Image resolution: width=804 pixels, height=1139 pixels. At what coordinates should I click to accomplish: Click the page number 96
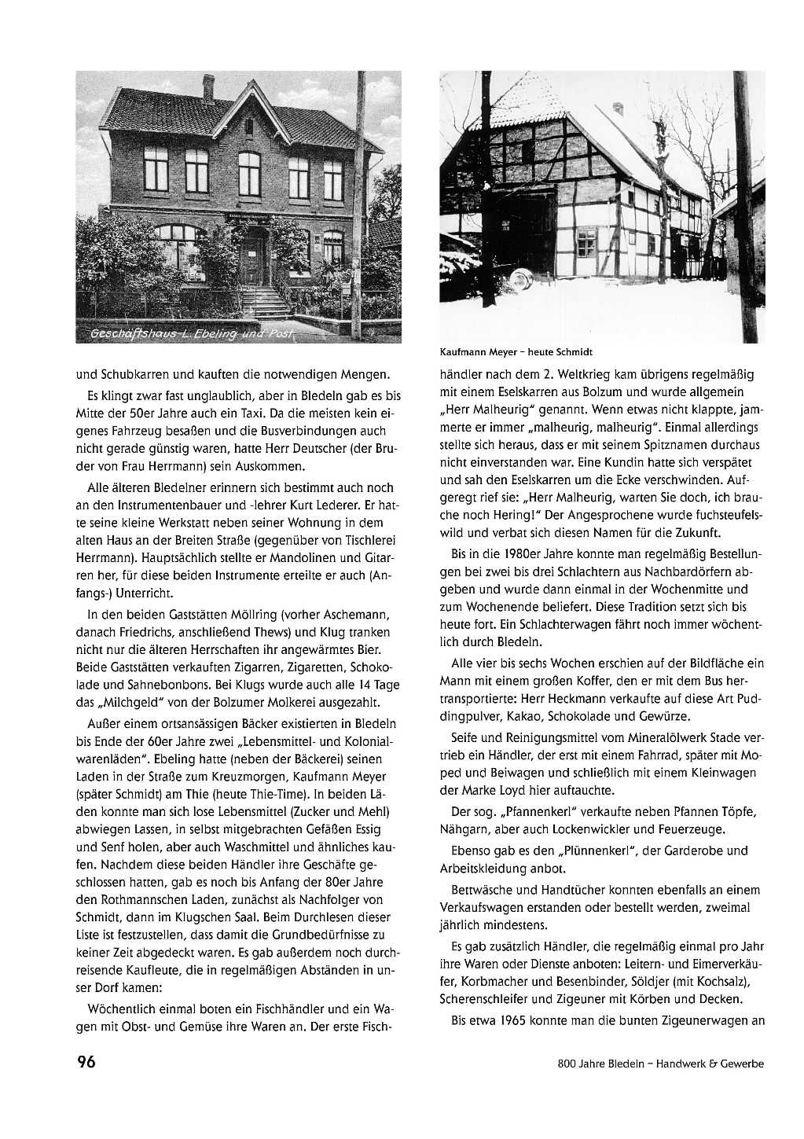click(x=86, y=1062)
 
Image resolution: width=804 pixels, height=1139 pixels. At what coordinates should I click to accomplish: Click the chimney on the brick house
click(x=208, y=85)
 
